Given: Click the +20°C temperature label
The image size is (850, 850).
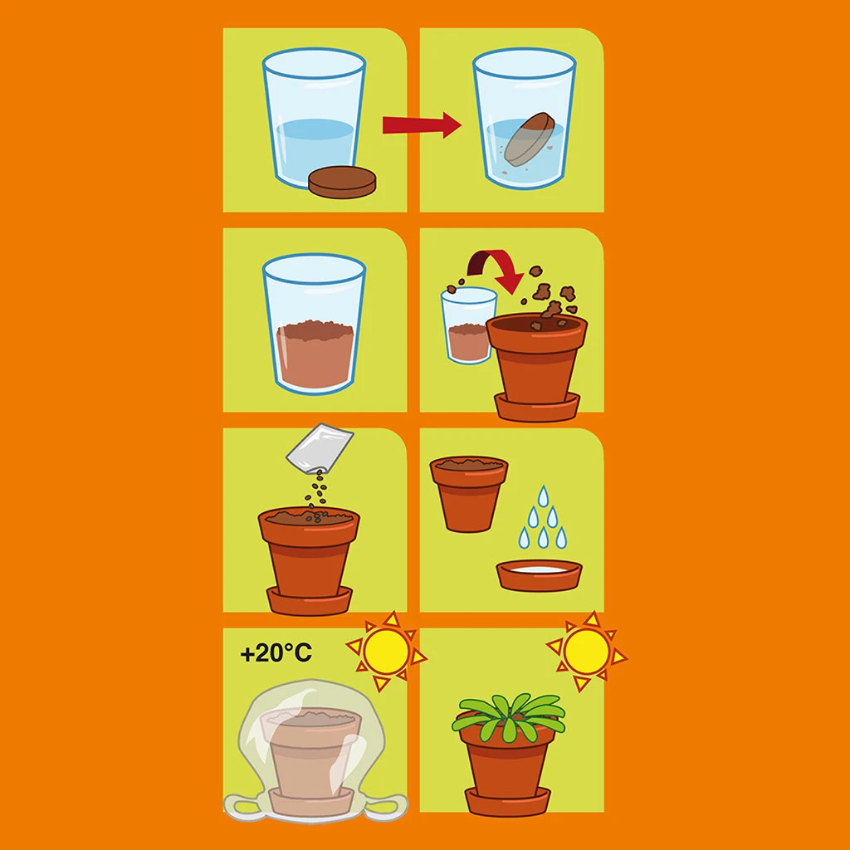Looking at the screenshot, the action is pyautogui.click(x=276, y=652).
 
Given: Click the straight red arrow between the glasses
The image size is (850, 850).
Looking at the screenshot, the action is pyautogui.click(x=422, y=125).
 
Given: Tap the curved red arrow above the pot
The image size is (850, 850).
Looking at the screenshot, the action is pyautogui.click(x=495, y=268).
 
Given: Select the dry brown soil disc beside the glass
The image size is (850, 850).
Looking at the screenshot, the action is pyautogui.click(x=342, y=182).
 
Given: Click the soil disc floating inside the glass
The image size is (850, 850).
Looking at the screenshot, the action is pyautogui.click(x=529, y=138).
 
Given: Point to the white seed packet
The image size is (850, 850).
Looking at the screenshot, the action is pyautogui.click(x=320, y=447).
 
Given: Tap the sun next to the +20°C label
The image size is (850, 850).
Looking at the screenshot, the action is pyautogui.click(x=387, y=651).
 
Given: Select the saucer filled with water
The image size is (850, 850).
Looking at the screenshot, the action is pyautogui.click(x=539, y=575).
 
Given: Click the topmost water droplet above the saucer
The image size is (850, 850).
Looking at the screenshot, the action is pyautogui.click(x=543, y=496).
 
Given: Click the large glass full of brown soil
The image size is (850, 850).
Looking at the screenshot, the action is pyautogui.click(x=315, y=325).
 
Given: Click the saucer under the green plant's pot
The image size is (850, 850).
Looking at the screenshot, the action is pyautogui.click(x=508, y=801).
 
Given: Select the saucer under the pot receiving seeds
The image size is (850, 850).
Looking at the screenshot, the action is pyautogui.click(x=309, y=601).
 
